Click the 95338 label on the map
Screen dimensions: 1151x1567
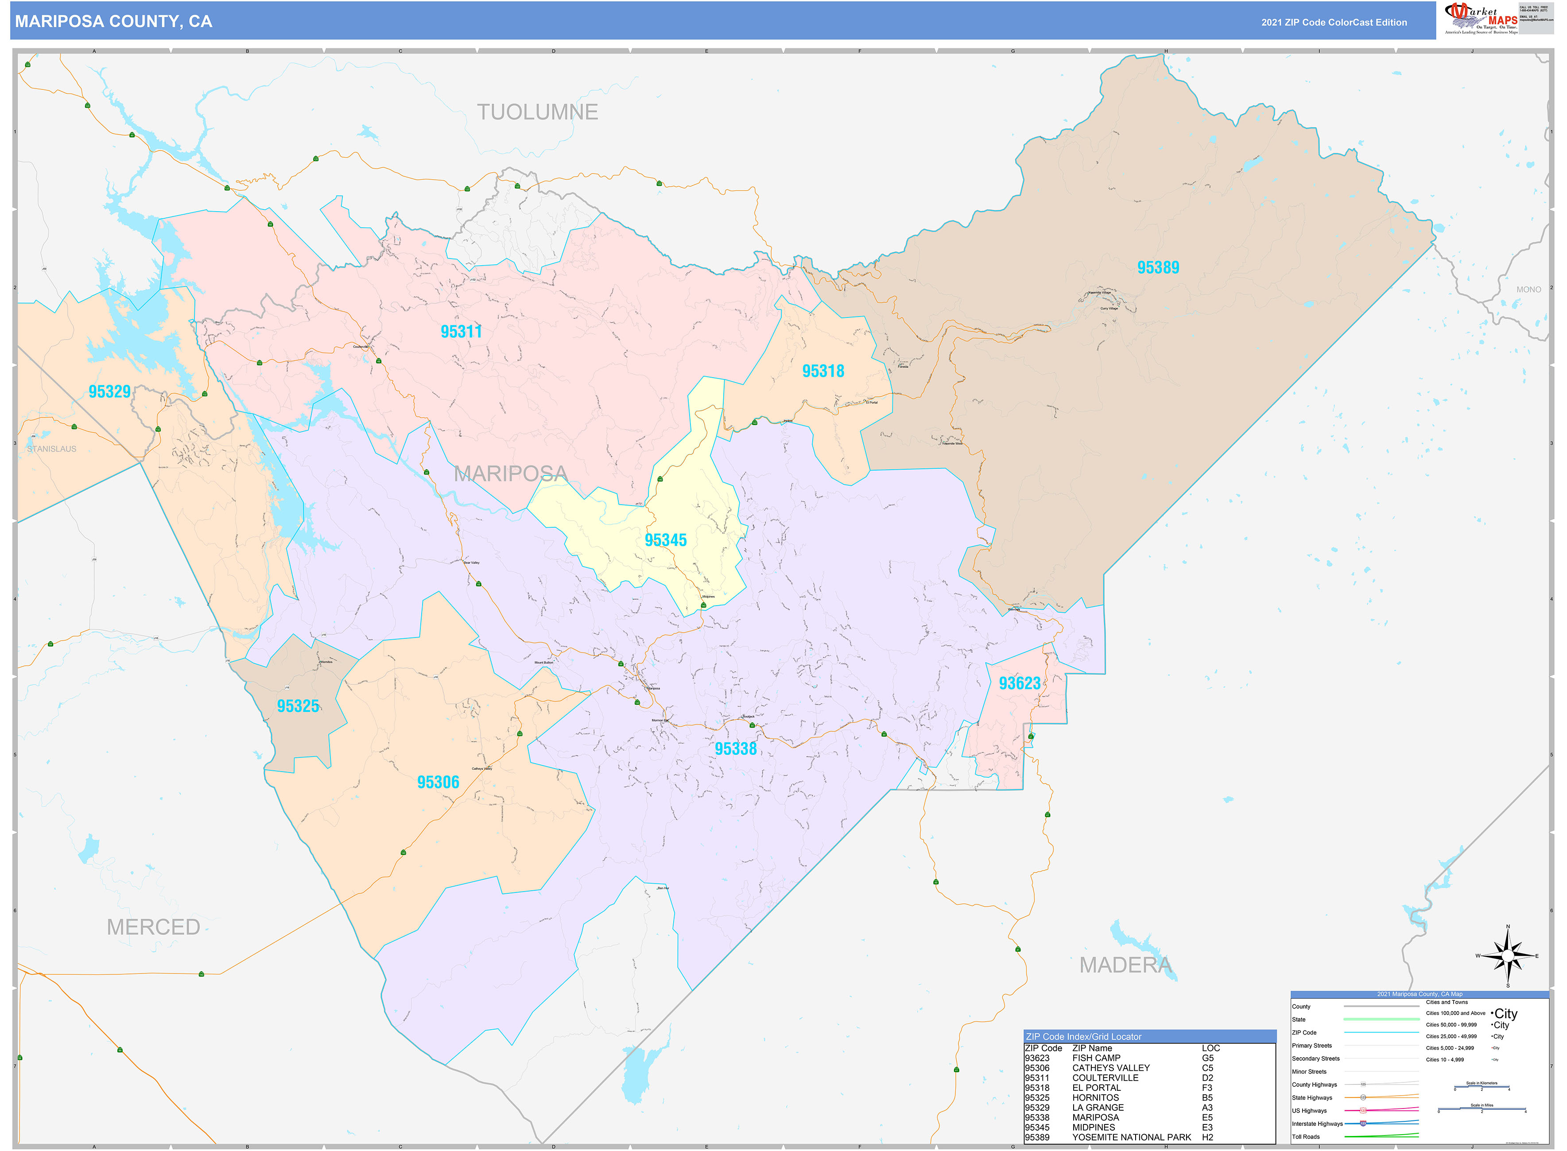pyautogui.click(x=735, y=749)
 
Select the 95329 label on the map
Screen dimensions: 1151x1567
pyautogui.click(x=109, y=392)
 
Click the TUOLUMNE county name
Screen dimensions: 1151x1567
pyautogui.click(x=537, y=112)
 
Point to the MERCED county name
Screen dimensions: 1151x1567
pyautogui.click(x=153, y=927)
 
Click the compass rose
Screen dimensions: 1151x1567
pyautogui.click(x=1508, y=956)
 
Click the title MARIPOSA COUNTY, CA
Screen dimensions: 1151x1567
pyautogui.click(x=114, y=22)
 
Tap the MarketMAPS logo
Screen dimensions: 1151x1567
pyautogui.click(x=1481, y=19)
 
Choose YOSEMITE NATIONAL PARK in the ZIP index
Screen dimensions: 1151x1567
pyautogui.click(x=1131, y=1137)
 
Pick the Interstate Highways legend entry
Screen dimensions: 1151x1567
pyautogui.click(x=1317, y=1124)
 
